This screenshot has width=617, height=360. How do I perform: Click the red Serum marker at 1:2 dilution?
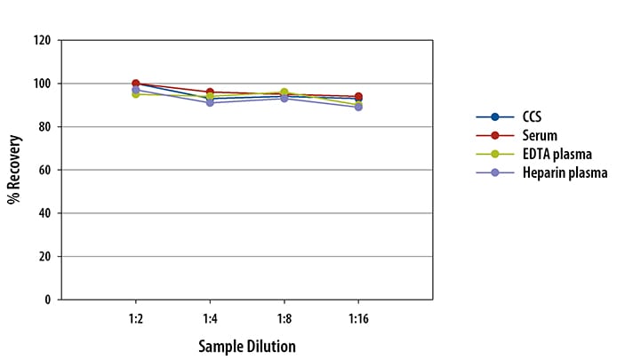click(x=135, y=84)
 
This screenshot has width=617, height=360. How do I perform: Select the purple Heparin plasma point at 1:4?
click(x=210, y=103)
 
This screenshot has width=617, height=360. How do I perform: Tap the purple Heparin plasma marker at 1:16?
click(x=358, y=107)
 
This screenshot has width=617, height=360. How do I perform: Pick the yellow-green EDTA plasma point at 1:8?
click(x=284, y=92)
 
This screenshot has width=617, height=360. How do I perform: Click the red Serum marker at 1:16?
click(x=358, y=96)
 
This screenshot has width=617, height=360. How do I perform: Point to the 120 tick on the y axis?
click(x=41, y=41)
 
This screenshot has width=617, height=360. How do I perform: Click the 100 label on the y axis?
click(x=41, y=84)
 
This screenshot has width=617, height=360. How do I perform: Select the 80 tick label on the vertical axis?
click(x=44, y=127)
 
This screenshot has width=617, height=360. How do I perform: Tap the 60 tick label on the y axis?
click(x=44, y=170)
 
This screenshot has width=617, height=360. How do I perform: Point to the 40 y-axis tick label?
click(x=44, y=213)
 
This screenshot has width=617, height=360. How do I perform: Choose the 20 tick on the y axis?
click(x=44, y=256)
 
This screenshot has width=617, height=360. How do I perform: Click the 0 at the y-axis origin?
click(x=47, y=300)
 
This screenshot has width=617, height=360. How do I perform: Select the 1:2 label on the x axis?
click(x=135, y=316)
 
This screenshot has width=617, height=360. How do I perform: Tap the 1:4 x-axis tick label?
click(x=210, y=316)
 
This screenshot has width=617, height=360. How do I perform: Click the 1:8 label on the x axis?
click(x=284, y=316)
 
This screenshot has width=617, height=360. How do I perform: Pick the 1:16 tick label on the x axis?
click(x=358, y=316)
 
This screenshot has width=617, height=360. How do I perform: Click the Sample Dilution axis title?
click(x=246, y=345)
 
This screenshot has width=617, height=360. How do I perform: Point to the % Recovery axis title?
click(x=14, y=170)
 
